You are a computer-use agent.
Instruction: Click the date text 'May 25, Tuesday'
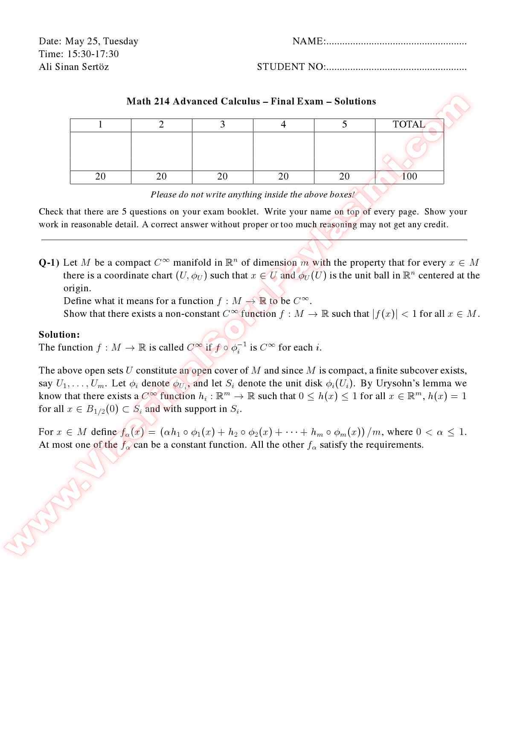tap(102, 41)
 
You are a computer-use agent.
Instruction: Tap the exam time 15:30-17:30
tap(93, 54)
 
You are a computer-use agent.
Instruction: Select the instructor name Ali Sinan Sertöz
tap(74, 67)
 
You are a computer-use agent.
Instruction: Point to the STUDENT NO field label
tap(291, 67)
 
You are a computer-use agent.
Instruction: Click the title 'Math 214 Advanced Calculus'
tap(193, 101)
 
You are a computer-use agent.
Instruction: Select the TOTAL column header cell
tap(409, 125)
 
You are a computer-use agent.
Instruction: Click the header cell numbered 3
tap(222, 125)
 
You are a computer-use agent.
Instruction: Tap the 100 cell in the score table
tap(409, 177)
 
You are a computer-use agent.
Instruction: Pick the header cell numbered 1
tap(100, 125)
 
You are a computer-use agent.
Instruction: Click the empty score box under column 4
tap(283, 151)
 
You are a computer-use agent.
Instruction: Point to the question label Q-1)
tap(49, 263)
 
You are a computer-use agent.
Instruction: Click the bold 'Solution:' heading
tap(59, 335)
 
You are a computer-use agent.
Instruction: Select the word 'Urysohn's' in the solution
tap(396, 383)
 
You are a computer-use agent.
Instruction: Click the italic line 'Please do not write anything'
tap(253, 195)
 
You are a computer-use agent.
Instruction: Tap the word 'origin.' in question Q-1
tap(77, 288)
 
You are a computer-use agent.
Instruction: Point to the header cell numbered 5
tap(344, 125)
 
